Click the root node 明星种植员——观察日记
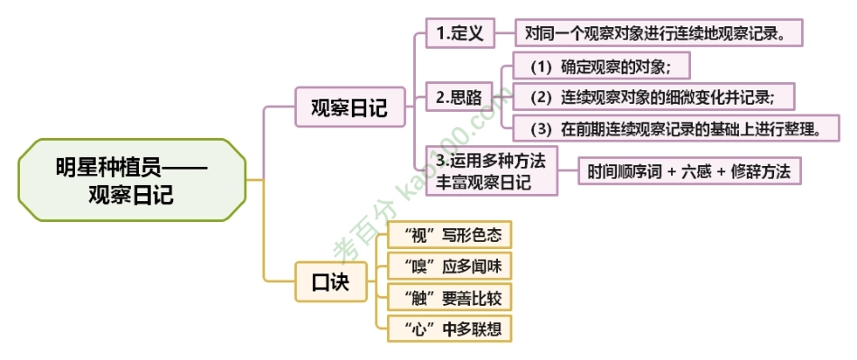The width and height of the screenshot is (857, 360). coord(131,180)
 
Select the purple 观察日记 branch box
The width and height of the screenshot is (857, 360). coord(349,108)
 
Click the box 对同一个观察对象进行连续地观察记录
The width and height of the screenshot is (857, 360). coord(658,34)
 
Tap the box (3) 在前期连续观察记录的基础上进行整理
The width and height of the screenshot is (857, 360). coord(674,127)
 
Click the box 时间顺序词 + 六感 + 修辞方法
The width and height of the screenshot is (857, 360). coord(689,171)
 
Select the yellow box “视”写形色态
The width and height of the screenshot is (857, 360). coord(448,235)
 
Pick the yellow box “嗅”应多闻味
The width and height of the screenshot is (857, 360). coord(448,266)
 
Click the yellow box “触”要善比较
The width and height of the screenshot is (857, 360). coord(448,297)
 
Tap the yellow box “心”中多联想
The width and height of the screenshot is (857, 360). coord(448,328)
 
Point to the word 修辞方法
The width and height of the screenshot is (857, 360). coord(762,171)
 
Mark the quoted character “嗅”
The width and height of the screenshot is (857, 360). coord(410,266)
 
